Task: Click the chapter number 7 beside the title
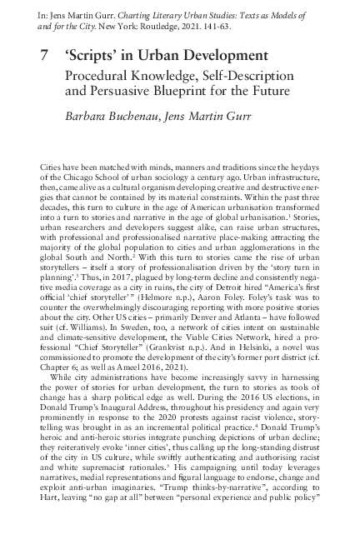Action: (44, 56)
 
